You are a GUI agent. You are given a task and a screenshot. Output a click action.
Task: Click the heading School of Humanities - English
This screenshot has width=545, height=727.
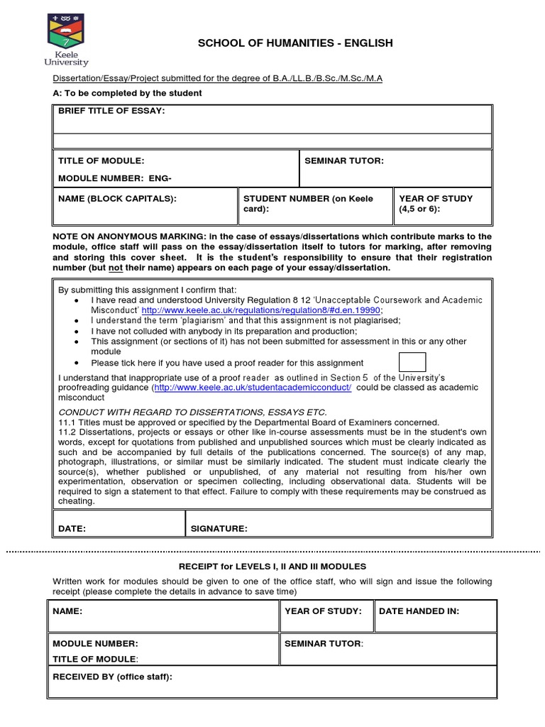pyautogui.click(x=294, y=44)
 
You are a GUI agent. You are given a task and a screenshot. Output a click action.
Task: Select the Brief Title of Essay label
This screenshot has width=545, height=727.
pyautogui.click(x=111, y=111)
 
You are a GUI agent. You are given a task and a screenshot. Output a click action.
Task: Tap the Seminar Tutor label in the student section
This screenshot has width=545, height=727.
pyautogui.click(x=343, y=161)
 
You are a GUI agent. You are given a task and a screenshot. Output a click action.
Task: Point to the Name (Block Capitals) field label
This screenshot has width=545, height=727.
pyautogui.click(x=117, y=199)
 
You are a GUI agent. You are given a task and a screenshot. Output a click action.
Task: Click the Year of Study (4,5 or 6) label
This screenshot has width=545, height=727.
pyautogui.click(x=436, y=204)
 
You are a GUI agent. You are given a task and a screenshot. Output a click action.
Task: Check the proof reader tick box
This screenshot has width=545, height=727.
pyautogui.click(x=412, y=361)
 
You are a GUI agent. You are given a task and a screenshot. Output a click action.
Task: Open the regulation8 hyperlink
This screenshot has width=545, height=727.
pyautogui.click(x=261, y=310)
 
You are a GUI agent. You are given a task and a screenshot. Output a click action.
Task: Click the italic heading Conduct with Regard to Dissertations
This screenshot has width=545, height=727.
pyautogui.click(x=192, y=412)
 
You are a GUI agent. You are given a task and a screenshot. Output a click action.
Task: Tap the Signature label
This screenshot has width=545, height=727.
pyautogui.click(x=219, y=528)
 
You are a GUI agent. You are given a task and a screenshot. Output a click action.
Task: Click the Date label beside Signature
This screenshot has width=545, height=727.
pyautogui.click(x=72, y=528)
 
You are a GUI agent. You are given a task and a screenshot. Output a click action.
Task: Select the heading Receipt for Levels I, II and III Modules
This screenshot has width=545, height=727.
pyautogui.click(x=272, y=567)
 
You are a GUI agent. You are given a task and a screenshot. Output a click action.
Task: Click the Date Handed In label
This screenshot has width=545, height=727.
pyautogui.click(x=419, y=611)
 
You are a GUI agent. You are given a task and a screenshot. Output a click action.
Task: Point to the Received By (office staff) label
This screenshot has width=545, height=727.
pyautogui.click(x=112, y=677)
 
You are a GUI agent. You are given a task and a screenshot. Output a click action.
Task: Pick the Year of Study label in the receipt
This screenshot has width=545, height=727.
pyautogui.click(x=323, y=611)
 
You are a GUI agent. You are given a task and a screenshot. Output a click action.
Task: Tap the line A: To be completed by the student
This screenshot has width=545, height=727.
pyautogui.click(x=127, y=93)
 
